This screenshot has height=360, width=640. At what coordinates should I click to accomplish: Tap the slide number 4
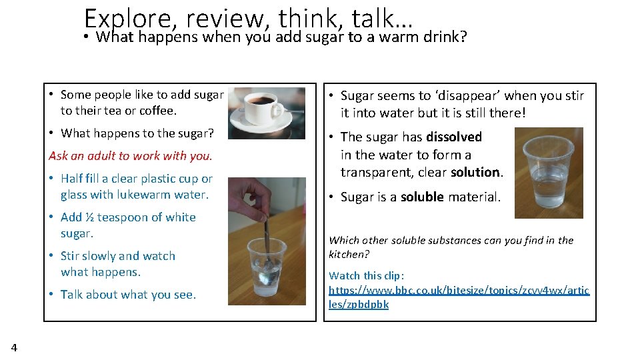pos(14,347)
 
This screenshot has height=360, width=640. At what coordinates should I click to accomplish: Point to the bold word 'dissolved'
pos(454,137)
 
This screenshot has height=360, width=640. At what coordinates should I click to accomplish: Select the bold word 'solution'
pos(475,172)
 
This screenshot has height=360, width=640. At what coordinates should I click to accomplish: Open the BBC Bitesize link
pos(459,297)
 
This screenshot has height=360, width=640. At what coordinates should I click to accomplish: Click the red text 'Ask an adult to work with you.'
pos(130,156)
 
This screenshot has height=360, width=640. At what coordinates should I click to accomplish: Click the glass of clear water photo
pos(549,173)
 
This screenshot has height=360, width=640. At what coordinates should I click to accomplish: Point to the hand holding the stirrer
pos(257,197)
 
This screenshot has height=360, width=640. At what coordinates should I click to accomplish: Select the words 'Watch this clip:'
pos(366,275)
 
